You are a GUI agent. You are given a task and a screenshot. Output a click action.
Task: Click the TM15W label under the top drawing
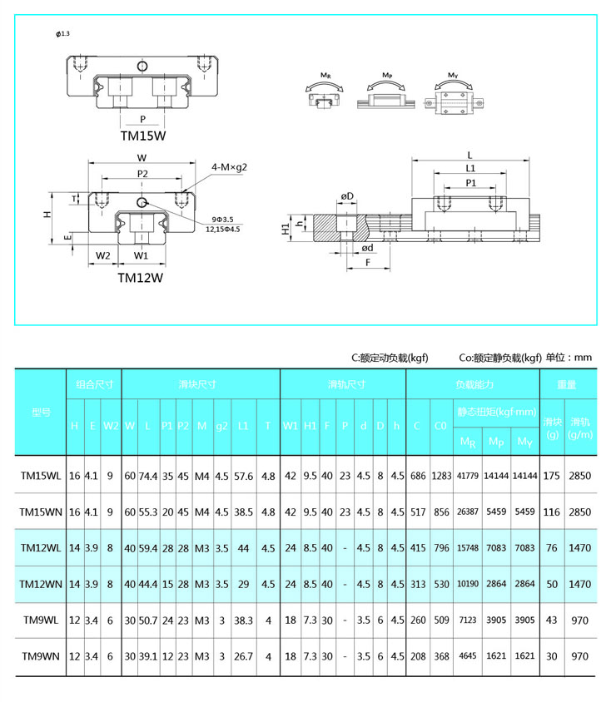click(143, 135)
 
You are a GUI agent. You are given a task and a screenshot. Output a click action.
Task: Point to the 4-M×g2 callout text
click(230, 168)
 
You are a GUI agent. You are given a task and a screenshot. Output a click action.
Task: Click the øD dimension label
click(347, 196)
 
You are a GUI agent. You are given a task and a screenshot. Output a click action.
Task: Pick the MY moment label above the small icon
click(453, 76)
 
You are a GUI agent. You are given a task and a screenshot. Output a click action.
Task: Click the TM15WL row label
click(41, 477)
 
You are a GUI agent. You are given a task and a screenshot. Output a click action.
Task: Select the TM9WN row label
click(41, 656)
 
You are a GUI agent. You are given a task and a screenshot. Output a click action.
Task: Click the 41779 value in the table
click(467, 477)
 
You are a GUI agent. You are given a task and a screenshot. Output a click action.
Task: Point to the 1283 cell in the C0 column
click(441, 477)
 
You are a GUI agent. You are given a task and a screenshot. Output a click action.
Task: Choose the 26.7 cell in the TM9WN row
click(243, 656)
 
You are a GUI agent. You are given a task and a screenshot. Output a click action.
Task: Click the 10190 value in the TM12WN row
click(467, 585)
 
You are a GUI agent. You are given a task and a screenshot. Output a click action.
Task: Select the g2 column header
click(221, 426)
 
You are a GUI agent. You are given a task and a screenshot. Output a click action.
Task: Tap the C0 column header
click(441, 426)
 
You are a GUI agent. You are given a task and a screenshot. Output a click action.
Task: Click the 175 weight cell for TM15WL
click(551, 477)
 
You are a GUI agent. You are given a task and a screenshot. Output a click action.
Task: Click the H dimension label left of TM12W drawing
click(48, 215)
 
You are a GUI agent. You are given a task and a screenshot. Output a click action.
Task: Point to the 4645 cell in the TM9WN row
click(467, 656)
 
